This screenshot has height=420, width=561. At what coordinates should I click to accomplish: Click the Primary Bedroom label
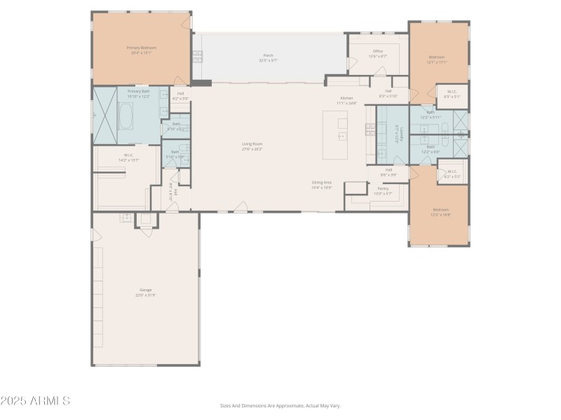[142, 50]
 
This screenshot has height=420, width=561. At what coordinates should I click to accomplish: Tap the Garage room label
[145, 292]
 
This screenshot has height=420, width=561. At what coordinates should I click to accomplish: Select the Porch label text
[268, 57]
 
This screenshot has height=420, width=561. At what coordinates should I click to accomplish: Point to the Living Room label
[252, 146]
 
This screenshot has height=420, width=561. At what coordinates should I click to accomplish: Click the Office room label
[378, 53]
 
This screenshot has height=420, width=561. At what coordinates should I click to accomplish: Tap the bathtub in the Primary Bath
[126, 116]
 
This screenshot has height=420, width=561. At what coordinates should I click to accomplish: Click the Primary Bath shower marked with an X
[105, 115]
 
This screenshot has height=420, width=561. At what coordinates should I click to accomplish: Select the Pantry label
[383, 190]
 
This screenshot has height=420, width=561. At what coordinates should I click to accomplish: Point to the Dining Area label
[322, 185]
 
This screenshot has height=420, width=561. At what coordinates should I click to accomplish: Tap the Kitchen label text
[347, 100]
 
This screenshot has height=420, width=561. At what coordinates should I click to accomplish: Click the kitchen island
[334, 134]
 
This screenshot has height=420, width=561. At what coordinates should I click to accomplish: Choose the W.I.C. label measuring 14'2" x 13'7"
[129, 157]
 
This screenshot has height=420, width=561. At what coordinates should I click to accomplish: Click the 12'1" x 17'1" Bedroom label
[437, 59]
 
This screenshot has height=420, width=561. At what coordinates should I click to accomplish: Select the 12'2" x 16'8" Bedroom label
[440, 212]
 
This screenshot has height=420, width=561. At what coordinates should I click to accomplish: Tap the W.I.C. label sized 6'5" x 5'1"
[452, 94]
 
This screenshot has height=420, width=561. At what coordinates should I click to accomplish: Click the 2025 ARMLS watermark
[35, 401]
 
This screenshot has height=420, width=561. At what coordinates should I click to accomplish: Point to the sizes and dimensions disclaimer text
[280, 405]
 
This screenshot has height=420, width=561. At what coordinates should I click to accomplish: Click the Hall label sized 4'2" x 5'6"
[180, 96]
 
